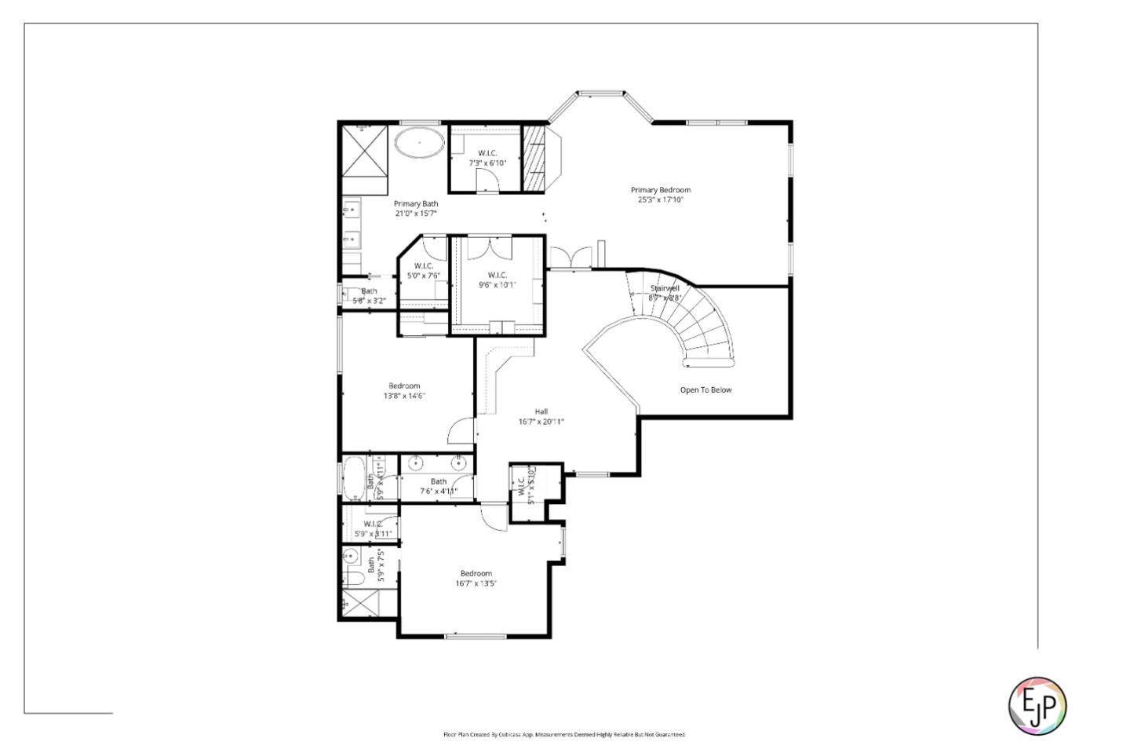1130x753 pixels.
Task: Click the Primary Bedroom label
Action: tap(661, 195)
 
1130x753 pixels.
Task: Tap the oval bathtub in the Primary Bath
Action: tap(419, 143)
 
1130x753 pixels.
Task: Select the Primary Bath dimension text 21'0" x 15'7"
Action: tap(416, 213)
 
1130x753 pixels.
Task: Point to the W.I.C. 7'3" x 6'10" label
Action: tap(487, 158)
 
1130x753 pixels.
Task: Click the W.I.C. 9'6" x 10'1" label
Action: tap(498, 280)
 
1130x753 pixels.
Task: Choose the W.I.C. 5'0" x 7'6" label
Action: tap(424, 270)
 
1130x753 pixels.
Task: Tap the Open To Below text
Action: tap(705, 389)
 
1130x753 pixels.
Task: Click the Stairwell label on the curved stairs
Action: tap(665, 293)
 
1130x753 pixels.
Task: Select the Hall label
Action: tap(541, 416)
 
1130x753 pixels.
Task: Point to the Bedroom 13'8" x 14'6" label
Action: tap(404, 391)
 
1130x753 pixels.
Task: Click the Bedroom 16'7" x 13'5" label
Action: tap(476, 578)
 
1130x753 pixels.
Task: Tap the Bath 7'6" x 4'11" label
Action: tap(438, 486)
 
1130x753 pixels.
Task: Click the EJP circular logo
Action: tap(1037, 705)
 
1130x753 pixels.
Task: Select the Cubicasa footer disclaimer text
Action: tap(564, 735)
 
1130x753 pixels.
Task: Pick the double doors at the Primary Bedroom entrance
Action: tap(570, 258)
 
